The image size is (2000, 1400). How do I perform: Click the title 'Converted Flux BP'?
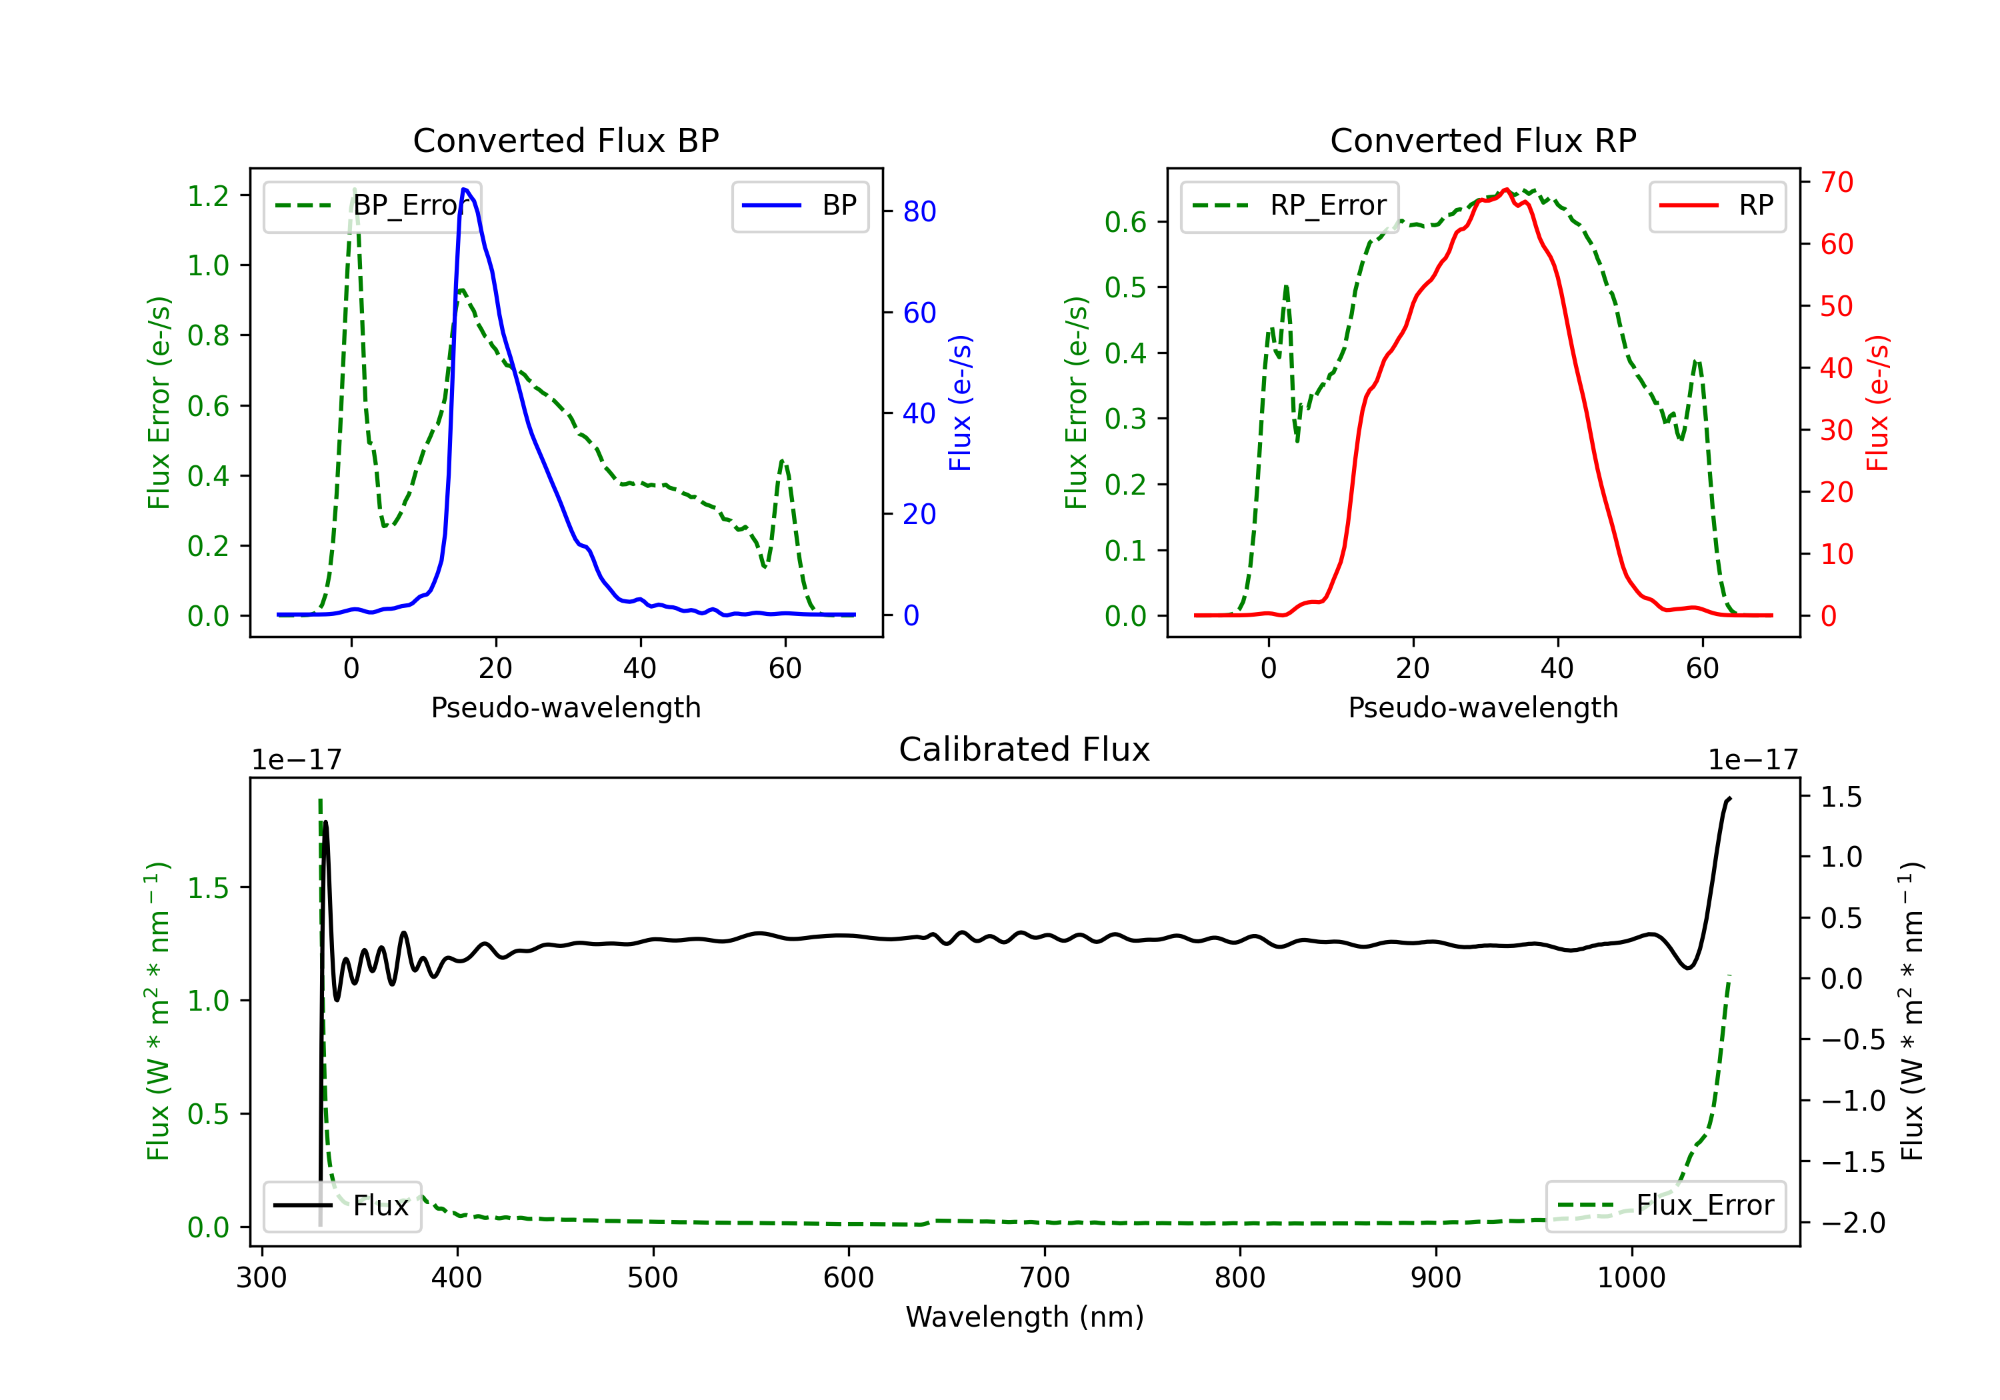click(x=565, y=140)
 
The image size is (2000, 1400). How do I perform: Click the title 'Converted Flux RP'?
click(x=1483, y=140)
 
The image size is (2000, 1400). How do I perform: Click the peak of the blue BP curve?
click(x=464, y=189)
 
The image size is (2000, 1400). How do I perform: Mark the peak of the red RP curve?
click(x=1506, y=189)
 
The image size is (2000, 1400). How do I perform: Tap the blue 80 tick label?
click(x=919, y=212)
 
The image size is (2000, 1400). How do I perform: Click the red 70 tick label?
click(x=1836, y=182)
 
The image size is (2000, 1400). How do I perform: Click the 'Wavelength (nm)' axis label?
click(x=1025, y=1317)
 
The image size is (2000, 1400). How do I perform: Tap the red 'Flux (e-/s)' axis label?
click(x=1877, y=403)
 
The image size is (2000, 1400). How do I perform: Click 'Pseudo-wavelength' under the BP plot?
click(x=565, y=707)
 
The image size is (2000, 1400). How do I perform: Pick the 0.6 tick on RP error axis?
click(x=1125, y=222)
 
